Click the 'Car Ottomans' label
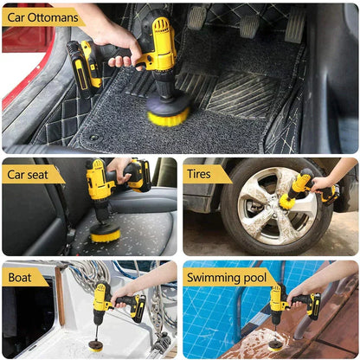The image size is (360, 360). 41,16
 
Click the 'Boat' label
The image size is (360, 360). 24,278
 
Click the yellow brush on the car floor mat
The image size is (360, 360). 167,112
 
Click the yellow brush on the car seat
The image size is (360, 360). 106,232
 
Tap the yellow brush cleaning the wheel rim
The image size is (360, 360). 287,201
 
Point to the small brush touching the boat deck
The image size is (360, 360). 95,345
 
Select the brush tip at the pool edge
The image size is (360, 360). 275,343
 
